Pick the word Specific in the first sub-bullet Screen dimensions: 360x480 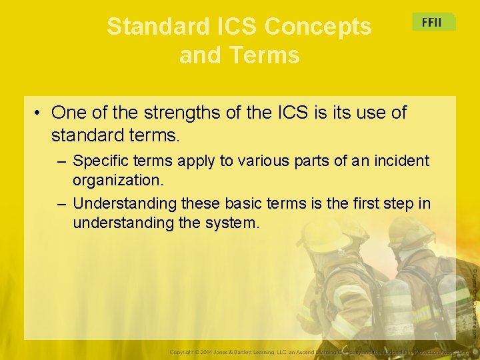coord(98,161)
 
